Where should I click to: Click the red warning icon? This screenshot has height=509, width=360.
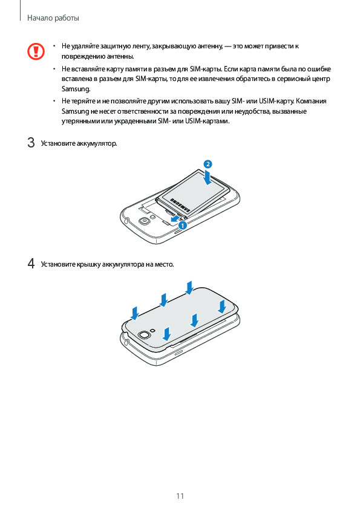click(36, 51)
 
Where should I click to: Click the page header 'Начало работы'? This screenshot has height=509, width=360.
click(53, 18)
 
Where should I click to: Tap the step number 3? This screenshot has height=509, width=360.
click(31, 143)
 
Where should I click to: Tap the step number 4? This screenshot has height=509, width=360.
click(31, 264)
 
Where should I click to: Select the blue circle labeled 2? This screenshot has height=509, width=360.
click(208, 164)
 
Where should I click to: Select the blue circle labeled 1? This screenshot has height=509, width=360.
click(183, 225)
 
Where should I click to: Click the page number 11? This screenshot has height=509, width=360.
click(180, 496)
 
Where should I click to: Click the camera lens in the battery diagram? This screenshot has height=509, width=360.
click(143, 221)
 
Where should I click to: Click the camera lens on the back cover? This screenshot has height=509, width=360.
click(143, 335)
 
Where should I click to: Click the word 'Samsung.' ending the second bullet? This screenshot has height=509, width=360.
click(76, 89)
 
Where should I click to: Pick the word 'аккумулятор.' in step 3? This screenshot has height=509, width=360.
click(97, 143)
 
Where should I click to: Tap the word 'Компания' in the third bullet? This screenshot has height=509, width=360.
click(311, 102)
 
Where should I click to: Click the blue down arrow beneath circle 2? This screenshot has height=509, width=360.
click(208, 177)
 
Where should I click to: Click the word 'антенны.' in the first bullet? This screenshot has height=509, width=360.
click(122, 56)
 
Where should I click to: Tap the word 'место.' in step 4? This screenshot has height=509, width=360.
click(164, 265)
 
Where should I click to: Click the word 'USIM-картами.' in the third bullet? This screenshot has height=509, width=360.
click(208, 122)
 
